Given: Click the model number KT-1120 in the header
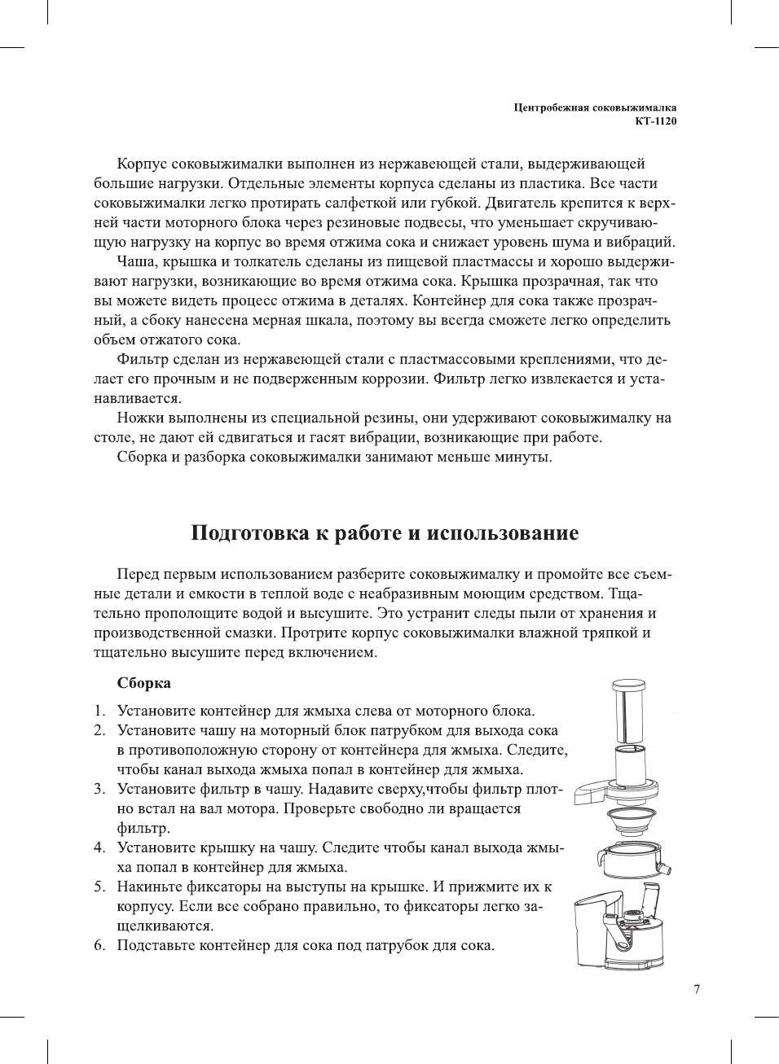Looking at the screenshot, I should point(656,121).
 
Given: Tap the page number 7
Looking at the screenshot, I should point(696,990).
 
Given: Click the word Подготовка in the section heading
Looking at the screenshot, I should point(249,533).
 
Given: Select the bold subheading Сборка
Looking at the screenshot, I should point(143,683).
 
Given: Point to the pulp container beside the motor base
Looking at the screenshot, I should point(590,928).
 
